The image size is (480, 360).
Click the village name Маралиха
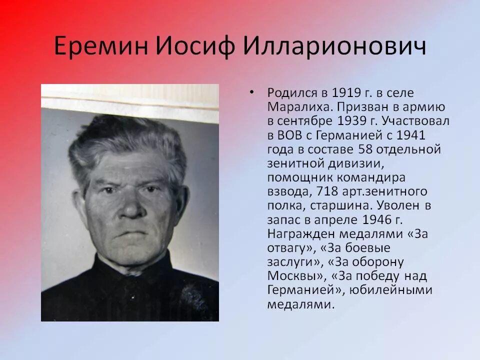[x=293, y=107]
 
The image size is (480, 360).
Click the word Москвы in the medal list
[x=294, y=275]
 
